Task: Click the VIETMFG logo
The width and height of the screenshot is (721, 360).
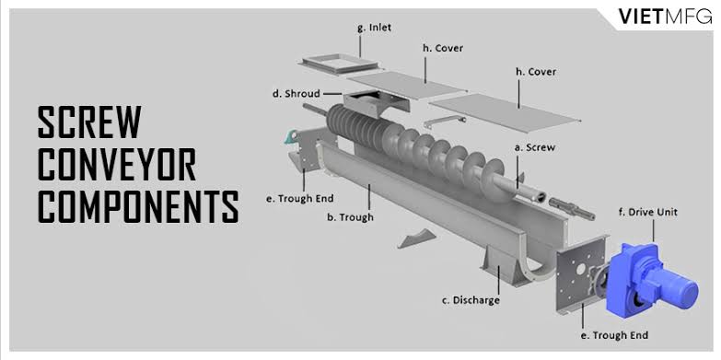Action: (x=665, y=17)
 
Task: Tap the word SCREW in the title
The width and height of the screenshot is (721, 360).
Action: (x=89, y=122)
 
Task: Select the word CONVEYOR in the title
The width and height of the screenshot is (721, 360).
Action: (x=117, y=164)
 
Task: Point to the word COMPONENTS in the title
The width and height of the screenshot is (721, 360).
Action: (x=138, y=206)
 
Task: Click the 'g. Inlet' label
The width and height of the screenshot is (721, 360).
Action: (x=374, y=27)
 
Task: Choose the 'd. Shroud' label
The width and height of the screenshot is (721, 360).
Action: (x=297, y=93)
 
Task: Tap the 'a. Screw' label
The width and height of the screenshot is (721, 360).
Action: (x=534, y=147)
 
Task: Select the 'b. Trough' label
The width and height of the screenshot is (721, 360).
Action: (x=350, y=217)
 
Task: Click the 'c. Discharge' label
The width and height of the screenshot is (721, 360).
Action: (x=471, y=300)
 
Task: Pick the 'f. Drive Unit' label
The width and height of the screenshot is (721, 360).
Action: (x=648, y=213)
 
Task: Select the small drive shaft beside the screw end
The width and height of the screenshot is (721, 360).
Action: (x=572, y=208)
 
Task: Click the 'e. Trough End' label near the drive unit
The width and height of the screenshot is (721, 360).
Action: (x=614, y=335)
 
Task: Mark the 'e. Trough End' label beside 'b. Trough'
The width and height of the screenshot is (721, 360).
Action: (x=299, y=199)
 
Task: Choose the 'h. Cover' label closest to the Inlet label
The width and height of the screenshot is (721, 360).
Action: (x=442, y=48)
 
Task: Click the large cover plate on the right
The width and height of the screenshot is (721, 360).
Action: (x=504, y=111)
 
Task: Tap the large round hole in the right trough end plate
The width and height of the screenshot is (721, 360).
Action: (x=582, y=269)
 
